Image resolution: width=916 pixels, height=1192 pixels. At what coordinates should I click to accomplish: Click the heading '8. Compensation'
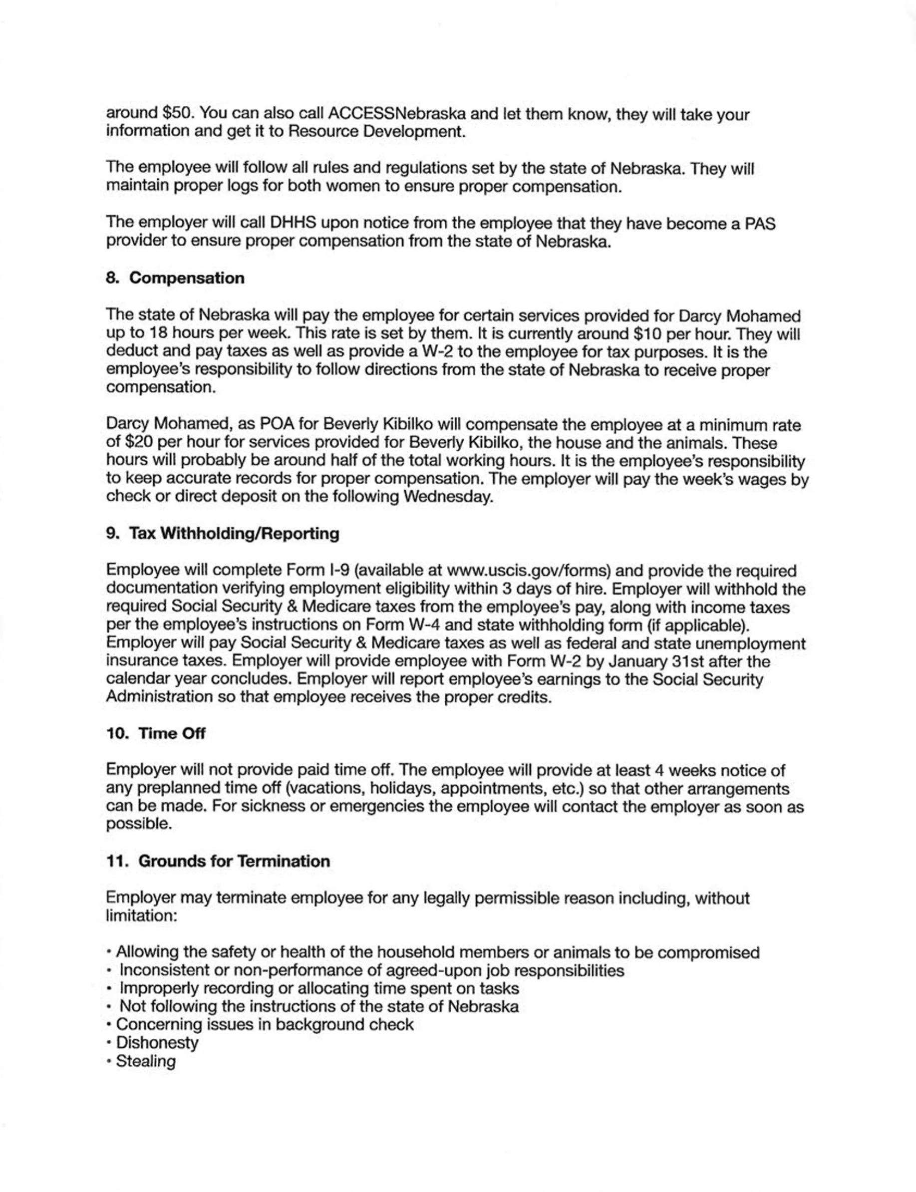coord(175,278)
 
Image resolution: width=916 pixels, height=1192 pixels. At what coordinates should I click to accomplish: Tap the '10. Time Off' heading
coord(156,733)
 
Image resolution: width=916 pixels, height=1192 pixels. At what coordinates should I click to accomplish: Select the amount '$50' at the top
coord(178,113)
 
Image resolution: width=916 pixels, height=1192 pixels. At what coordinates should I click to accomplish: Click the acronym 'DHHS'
coord(294,223)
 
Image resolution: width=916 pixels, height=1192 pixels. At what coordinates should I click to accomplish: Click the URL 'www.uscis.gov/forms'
coord(528,571)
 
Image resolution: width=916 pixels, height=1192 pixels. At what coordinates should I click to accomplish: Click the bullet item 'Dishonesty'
coord(157,1043)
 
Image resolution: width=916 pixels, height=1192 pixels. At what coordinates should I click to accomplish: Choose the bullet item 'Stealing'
coord(146,1061)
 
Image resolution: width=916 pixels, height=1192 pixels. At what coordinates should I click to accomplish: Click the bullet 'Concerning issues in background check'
coord(265,1025)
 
